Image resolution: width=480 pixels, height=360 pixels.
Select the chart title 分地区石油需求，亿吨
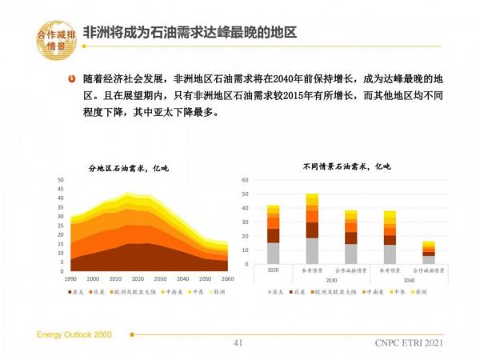pyautogui.click(x=129, y=168)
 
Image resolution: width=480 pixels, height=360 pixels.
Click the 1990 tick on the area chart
pyautogui.click(x=70, y=278)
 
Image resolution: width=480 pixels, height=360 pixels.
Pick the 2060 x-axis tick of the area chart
pyautogui.click(x=228, y=278)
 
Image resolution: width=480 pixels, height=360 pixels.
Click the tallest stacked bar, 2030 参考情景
pyautogui.click(x=312, y=228)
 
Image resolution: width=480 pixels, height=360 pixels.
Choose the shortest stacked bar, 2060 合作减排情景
pyautogui.click(x=429, y=252)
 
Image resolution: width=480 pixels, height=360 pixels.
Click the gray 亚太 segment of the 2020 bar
pyautogui.click(x=274, y=253)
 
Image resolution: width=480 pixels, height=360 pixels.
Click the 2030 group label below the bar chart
pyautogui.click(x=330, y=280)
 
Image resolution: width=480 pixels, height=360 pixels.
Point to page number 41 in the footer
pyautogui.click(x=237, y=344)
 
